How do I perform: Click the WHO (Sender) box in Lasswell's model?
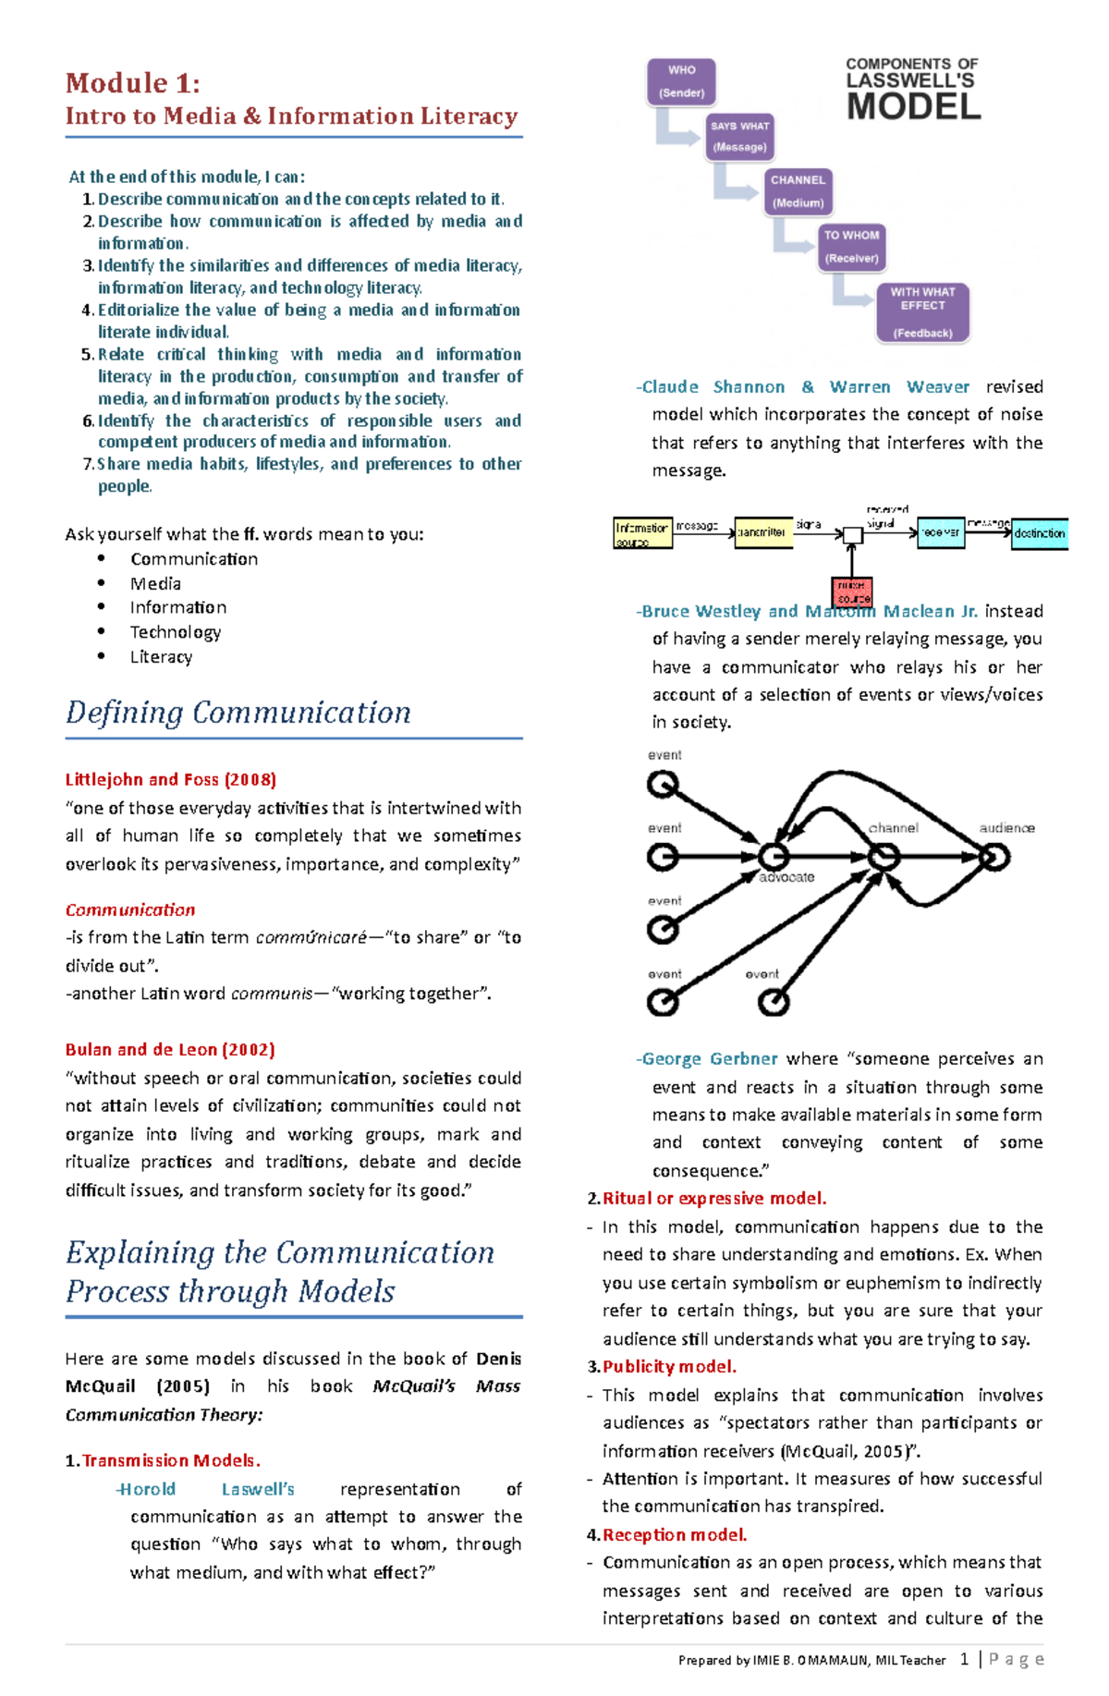[681, 81]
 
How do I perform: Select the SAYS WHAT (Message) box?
[739, 137]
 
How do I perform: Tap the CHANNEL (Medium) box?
[798, 191]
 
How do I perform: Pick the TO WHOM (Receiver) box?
[852, 247]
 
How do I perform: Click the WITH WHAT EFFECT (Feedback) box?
[922, 312]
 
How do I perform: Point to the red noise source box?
[852, 592]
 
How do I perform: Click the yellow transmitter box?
[762, 532]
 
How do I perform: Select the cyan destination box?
[1040, 533]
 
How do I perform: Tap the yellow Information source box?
[642, 533]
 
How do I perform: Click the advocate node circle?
[774, 857]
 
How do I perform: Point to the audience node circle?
[993, 857]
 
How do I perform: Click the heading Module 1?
[133, 83]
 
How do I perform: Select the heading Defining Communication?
[238, 713]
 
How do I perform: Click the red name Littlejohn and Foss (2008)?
[171, 779]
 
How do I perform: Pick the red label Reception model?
[675, 1534]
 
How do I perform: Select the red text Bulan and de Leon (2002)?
[170, 1049]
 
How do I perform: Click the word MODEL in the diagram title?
[913, 107]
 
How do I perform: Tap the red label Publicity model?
[669, 1366]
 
